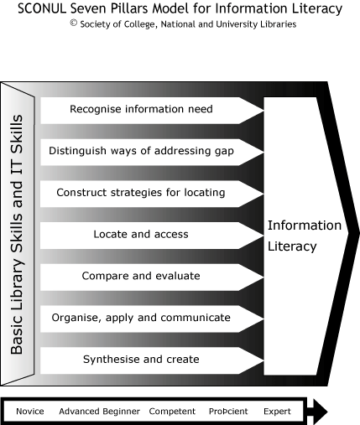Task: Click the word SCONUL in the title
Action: pyautogui.click(x=42, y=8)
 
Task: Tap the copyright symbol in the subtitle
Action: pyautogui.click(x=74, y=23)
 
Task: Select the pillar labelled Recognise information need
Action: pyautogui.click(x=152, y=111)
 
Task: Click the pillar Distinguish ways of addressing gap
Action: pyautogui.click(x=152, y=153)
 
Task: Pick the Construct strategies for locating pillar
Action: pyautogui.click(x=152, y=194)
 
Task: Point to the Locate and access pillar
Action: pyautogui.click(x=152, y=236)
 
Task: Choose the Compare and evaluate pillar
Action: pyautogui.click(x=152, y=277)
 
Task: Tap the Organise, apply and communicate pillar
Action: pyautogui.click(x=152, y=319)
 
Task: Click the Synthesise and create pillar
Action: pyautogui.click(x=152, y=360)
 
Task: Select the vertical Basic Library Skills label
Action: pyautogui.click(x=17, y=234)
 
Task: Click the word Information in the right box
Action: pyautogui.click(x=305, y=225)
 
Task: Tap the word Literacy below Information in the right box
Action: pyautogui.click(x=292, y=246)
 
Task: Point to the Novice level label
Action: pyautogui.click(x=30, y=412)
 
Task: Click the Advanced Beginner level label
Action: pyautogui.click(x=99, y=412)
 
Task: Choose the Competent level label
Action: pyautogui.click(x=172, y=412)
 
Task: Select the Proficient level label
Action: pyautogui.click(x=228, y=412)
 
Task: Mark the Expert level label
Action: pyautogui.click(x=277, y=412)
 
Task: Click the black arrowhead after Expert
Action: pyautogui.click(x=319, y=412)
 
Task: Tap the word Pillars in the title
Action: pyautogui.click(x=128, y=8)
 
